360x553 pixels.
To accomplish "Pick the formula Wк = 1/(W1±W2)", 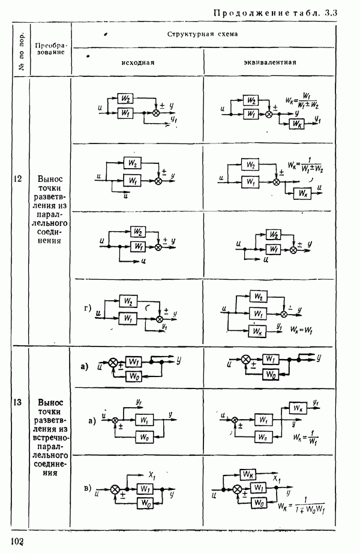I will pyautogui.click(x=308, y=166).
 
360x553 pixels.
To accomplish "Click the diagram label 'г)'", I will pyautogui.click(x=88, y=310).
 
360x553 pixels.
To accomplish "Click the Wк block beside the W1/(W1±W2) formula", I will pyautogui.click(x=295, y=124).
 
